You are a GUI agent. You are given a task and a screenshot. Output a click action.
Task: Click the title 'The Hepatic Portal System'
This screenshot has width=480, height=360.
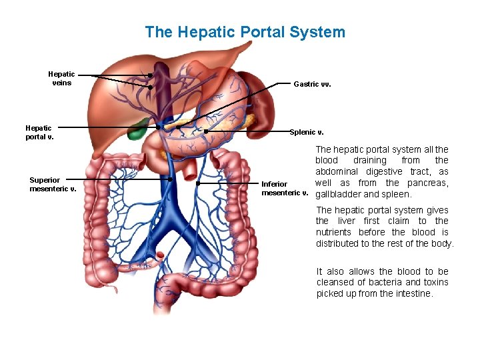245,31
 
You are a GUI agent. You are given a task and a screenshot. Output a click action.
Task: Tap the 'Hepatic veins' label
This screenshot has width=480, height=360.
61,79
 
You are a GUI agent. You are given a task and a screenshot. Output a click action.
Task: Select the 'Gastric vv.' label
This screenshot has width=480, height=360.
312,85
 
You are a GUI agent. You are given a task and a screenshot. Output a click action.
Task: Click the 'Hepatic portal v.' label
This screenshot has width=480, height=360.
39,133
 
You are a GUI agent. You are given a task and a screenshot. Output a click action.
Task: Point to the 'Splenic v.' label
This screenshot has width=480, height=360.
307,132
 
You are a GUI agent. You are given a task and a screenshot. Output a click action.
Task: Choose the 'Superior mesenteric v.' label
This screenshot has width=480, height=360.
53,184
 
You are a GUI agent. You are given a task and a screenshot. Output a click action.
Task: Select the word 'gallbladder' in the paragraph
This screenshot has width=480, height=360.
338,195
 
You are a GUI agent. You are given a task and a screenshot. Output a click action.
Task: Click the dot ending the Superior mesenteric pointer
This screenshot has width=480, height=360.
171,179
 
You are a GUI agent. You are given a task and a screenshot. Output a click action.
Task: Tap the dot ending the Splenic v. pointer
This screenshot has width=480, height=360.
206,132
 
